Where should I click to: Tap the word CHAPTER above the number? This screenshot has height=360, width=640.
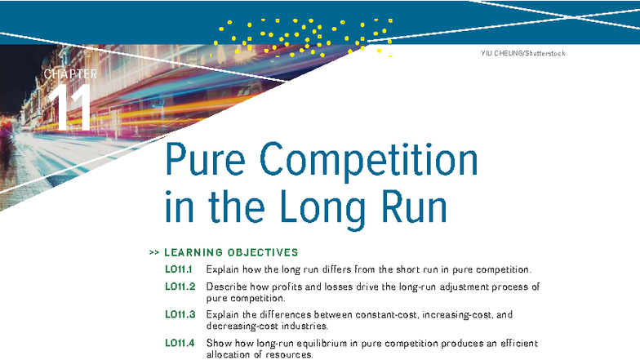[x=70, y=74]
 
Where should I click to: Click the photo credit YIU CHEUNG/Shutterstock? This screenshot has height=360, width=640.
[x=522, y=54]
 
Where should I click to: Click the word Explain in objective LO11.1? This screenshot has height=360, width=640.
[x=224, y=269]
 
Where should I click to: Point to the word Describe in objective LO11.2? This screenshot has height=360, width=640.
[x=228, y=287]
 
